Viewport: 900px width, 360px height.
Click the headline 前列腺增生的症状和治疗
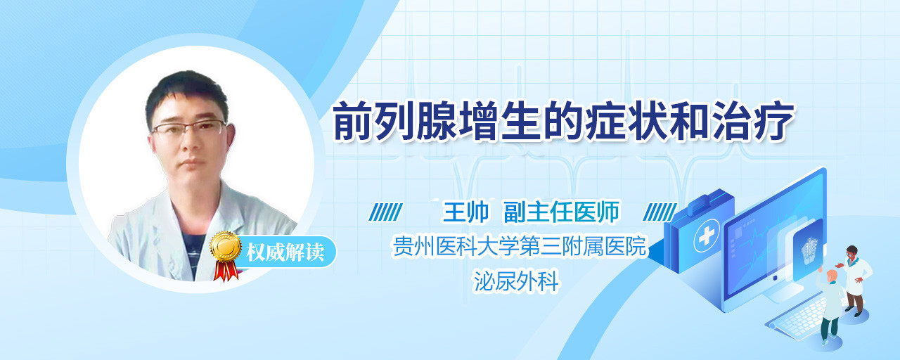[x=564, y=122]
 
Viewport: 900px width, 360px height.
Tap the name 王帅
[x=465, y=212]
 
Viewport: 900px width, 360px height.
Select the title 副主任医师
[x=562, y=212]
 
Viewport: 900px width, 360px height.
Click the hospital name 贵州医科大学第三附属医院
[x=520, y=246]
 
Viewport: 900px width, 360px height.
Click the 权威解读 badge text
[x=285, y=252]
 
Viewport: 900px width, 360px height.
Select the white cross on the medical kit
[x=707, y=236]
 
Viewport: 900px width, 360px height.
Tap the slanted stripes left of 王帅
[x=386, y=212]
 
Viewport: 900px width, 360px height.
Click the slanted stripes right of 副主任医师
[x=660, y=212]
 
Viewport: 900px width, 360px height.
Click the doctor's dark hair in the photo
[x=186, y=94]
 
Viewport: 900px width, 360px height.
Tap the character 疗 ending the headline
[x=774, y=122]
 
